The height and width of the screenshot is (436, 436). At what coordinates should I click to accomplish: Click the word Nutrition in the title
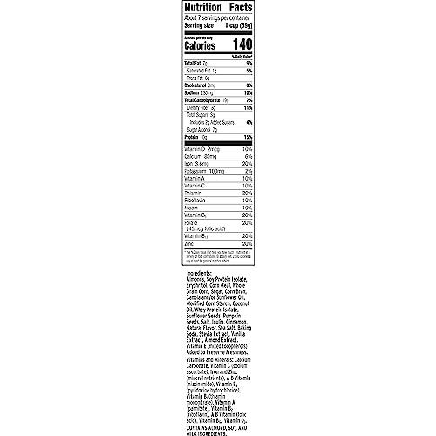click(x=186, y=11)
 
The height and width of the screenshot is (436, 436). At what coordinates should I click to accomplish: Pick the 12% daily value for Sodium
click(x=247, y=93)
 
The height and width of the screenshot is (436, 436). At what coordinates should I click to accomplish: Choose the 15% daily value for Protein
click(x=247, y=139)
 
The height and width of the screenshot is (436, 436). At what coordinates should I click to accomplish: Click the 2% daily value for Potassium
click(x=248, y=172)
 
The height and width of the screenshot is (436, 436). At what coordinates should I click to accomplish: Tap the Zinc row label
click(x=167, y=242)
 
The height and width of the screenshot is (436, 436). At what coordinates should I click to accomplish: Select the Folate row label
click(x=170, y=221)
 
